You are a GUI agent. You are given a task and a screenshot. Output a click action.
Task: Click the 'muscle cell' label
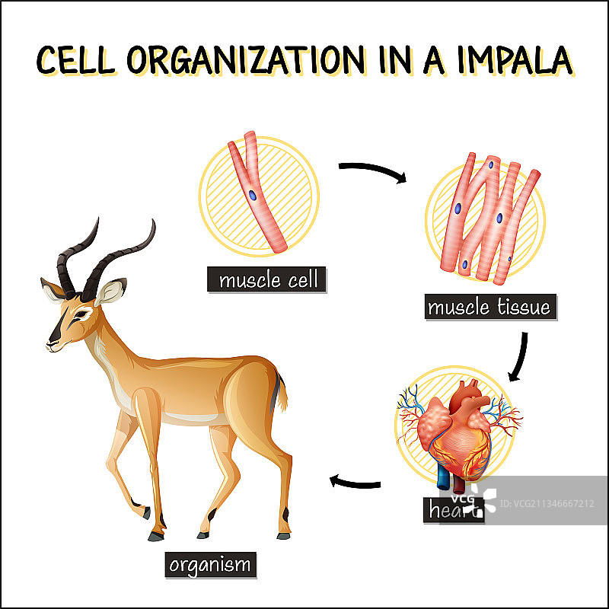(267, 280)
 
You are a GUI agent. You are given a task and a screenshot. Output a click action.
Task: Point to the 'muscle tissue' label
(488, 308)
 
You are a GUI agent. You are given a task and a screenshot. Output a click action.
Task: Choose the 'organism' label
(209, 564)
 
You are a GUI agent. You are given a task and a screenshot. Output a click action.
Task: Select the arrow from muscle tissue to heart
(522, 356)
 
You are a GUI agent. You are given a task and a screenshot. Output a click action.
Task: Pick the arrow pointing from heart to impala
(355, 482)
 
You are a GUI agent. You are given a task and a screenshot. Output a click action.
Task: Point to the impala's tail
(282, 390)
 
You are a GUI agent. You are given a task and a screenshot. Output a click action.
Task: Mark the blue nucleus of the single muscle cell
(253, 194)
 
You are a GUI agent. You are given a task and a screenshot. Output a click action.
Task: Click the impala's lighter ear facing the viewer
(110, 292)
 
